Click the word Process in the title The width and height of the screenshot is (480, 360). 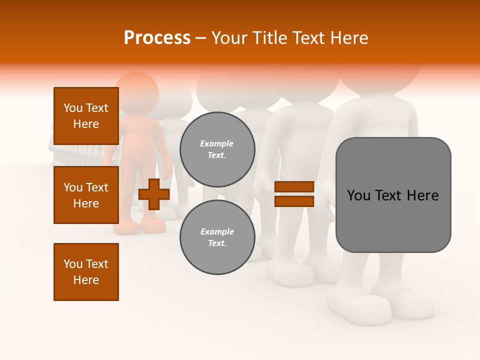point(157,38)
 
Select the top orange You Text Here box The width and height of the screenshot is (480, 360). point(86,116)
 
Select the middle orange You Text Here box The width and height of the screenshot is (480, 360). point(86,195)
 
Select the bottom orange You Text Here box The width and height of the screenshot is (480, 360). point(86,272)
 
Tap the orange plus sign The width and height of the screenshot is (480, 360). point(154,194)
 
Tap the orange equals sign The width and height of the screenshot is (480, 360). point(294,194)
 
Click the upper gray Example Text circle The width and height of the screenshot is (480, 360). point(217,149)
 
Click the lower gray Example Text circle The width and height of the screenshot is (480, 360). point(217,237)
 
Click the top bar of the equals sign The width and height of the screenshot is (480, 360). point(294,187)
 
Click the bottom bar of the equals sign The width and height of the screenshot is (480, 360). point(294,201)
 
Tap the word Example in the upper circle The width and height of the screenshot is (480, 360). point(217,144)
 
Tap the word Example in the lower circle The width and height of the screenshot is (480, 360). point(217,232)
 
